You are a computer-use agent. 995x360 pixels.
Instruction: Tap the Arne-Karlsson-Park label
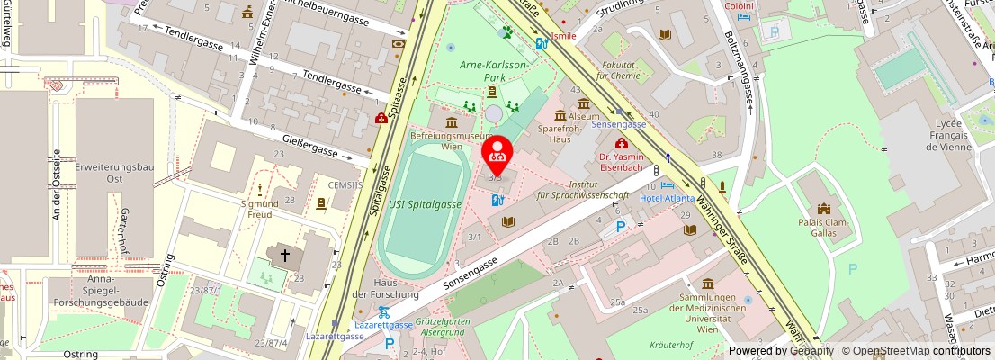click(494, 71)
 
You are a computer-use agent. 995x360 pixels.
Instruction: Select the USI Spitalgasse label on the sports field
click(425, 204)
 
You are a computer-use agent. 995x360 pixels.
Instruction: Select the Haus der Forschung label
click(385, 287)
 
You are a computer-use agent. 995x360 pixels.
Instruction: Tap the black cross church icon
click(285, 256)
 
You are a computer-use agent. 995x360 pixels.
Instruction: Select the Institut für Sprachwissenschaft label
click(583, 188)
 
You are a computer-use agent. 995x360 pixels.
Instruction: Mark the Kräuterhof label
click(670, 345)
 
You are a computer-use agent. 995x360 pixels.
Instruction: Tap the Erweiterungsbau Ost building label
click(112, 173)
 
